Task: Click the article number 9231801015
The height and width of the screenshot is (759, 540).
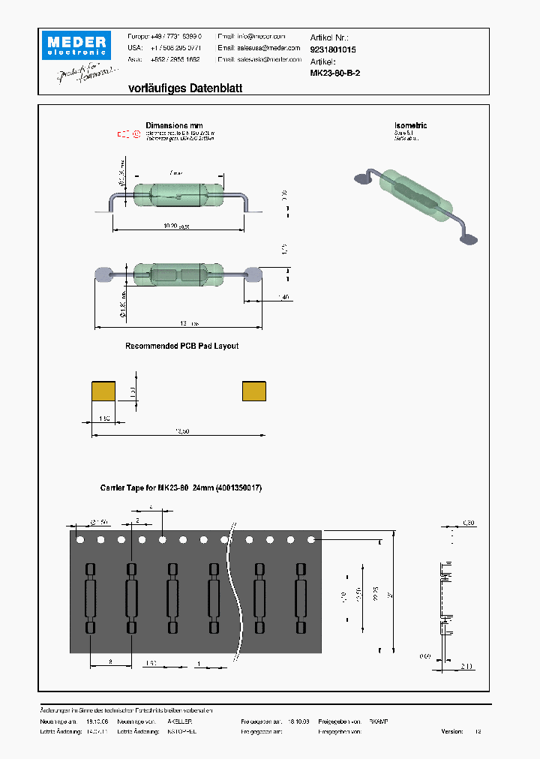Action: tap(333, 49)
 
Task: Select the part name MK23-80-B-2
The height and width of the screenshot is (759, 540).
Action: tap(335, 73)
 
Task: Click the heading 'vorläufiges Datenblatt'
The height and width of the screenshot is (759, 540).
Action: tap(185, 88)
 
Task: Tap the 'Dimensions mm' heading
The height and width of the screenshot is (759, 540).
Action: tap(174, 126)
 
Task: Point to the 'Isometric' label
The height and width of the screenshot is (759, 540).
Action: tap(410, 126)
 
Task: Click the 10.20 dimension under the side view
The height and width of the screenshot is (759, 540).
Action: tap(176, 225)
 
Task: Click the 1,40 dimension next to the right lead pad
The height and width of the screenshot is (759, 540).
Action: tap(283, 297)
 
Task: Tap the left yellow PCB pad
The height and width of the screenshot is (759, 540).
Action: tap(103, 391)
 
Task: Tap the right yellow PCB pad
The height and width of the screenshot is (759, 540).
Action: tap(254, 391)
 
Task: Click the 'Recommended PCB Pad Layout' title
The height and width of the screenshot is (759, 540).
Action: tap(182, 346)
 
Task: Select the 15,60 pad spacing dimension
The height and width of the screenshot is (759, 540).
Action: tap(181, 430)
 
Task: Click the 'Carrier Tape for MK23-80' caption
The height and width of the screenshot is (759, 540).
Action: tap(181, 487)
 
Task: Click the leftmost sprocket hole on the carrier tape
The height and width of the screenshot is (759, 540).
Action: tap(79, 539)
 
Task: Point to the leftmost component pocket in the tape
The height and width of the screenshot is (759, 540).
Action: tap(91, 598)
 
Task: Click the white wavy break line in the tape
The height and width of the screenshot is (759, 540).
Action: tap(238, 592)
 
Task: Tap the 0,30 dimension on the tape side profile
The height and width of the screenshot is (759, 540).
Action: tap(468, 522)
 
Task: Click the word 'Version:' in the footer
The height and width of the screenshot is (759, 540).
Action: tap(452, 731)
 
